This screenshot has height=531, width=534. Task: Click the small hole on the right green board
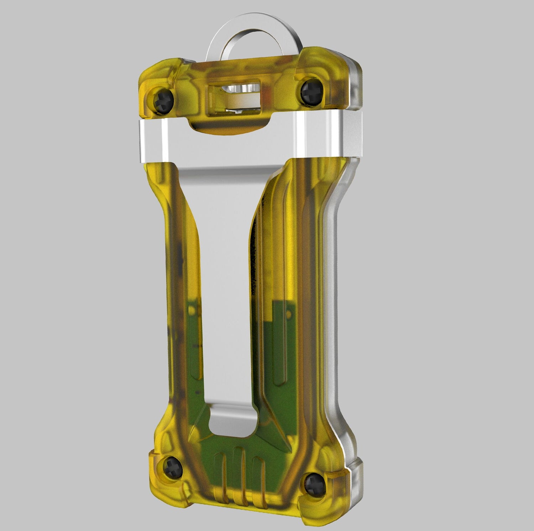point(289,314)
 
